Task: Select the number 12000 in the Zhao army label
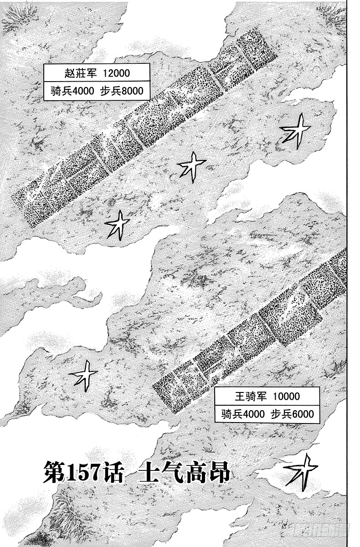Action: pyautogui.click(x=116, y=73)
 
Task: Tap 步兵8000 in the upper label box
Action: pyautogui.click(x=122, y=91)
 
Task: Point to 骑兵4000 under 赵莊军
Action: pyautogui.click(x=72, y=91)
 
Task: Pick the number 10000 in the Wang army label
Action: pyautogui.click(x=287, y=396)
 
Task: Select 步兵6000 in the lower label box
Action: pyautogui.click(x=293, y=414)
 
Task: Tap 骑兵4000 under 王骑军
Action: pyautogui.click(x=243, y=414)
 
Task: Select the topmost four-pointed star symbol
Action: pyautogui.click(x=296, y=131)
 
